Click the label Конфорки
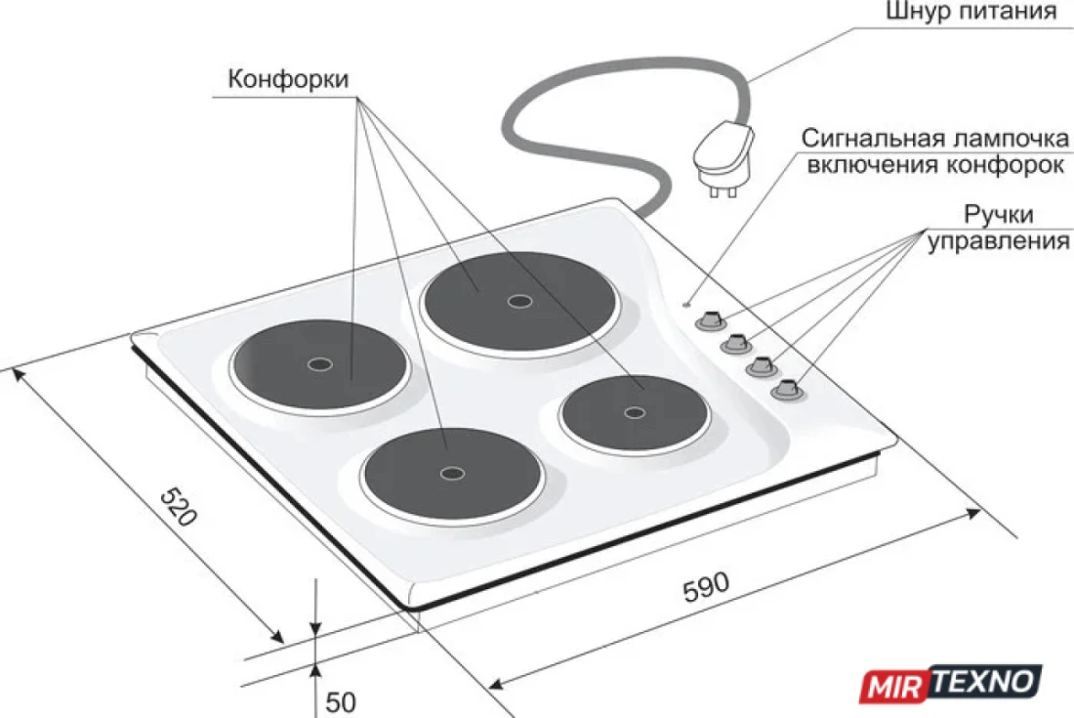pyautogui.click(x=288, y=79)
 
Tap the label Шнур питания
pyautogui.click(x=971, y=12)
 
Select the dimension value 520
pyautogui.click(x=179, y=506)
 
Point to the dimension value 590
pyautogui.click(x=706, y=586)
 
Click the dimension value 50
pyautogui.click(x=341, y=701)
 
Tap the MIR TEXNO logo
pyautogui.click(x=951, y=684)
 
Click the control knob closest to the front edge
pyautogui.click(x=786, y=390)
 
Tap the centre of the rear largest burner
pyautogui.click(x=519, y=301)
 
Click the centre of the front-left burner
pyautogui.click(x=452, y=473)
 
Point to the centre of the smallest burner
pyautogui.click(x=635, y=412)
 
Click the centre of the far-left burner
pyautogui.click(x=320, y=364)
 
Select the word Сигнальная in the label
pyautogui.click(x=866, y=139)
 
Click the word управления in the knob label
pyautogui.click(x=998, y=241)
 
